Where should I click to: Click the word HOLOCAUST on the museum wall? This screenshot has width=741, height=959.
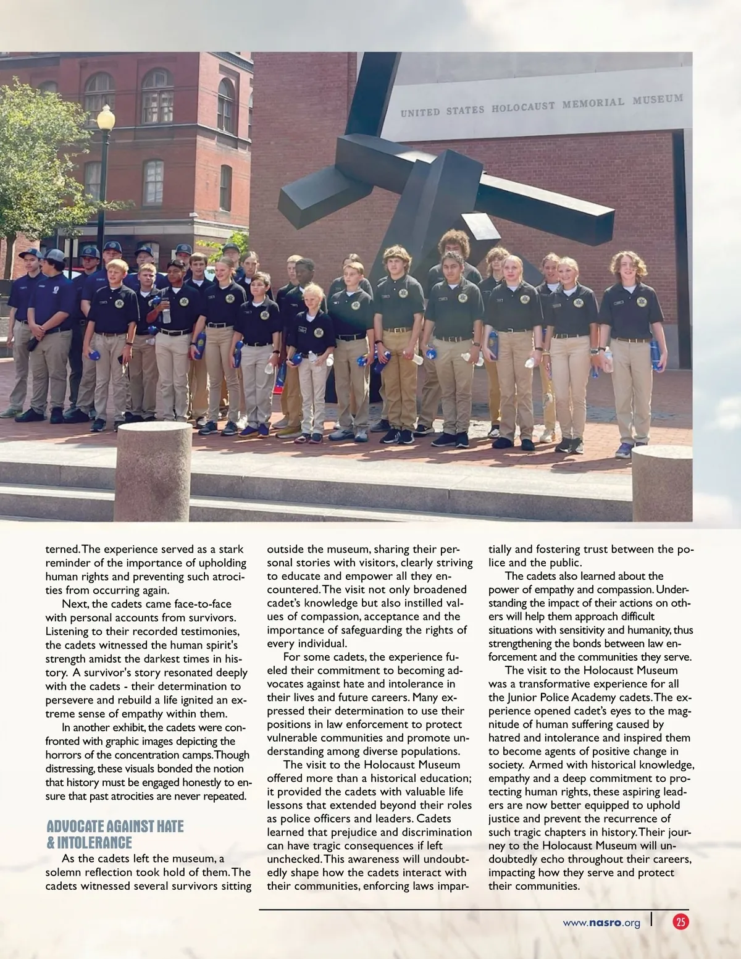coord(524,107)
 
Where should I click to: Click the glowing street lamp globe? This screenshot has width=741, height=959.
coord(106,117)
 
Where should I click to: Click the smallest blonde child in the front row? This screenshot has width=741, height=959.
coord(314,364)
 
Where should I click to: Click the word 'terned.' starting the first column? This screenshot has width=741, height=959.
coord(62,549)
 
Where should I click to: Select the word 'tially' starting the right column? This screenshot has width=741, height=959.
coord(501,549)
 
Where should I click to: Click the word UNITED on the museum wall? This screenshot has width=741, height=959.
coord(419,112)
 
